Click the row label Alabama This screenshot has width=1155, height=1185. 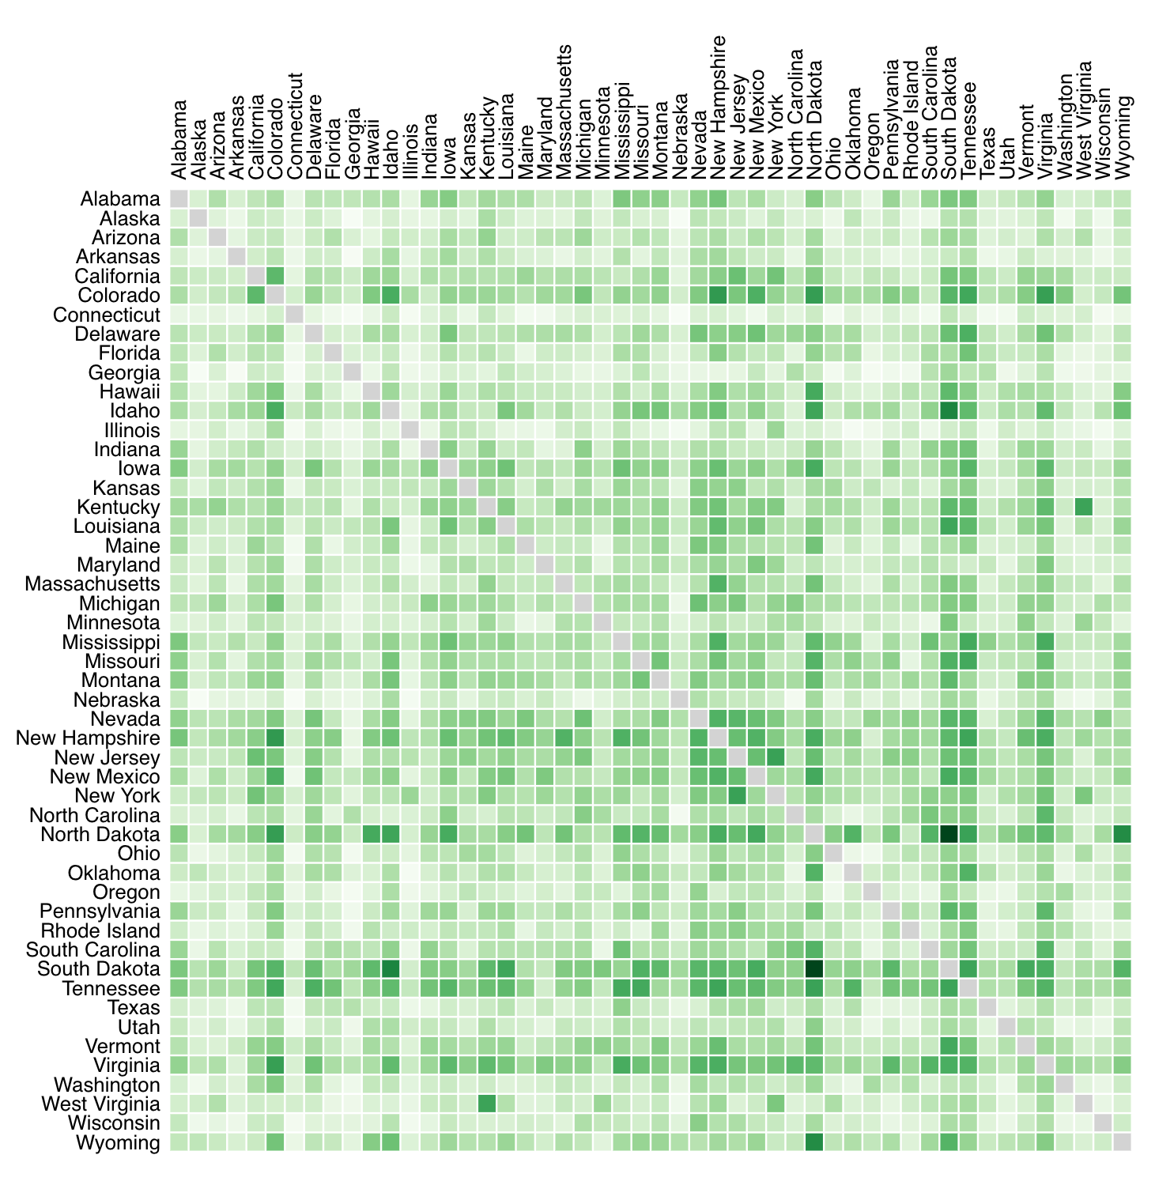click(120, 199)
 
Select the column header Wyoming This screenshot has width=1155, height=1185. click(1123, 138)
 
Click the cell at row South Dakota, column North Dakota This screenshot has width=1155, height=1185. click(814, 969)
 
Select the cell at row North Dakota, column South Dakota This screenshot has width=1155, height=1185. click(949, 835)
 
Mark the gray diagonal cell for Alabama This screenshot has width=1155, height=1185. click(179, 199)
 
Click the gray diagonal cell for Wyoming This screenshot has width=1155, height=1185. click(1123, 1142)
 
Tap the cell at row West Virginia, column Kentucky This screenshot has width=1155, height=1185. click(487, 1104)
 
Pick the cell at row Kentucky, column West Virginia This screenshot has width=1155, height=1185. click(1084, 508)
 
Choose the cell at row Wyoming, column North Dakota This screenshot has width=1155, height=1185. click(814, 1142)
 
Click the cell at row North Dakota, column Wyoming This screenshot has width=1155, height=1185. click(1123, 835)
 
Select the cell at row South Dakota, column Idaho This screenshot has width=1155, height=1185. click(391, 969)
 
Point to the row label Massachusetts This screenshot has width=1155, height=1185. click(92, 584)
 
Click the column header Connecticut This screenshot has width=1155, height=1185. click(294, 126)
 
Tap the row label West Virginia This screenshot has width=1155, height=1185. click(107, 1104)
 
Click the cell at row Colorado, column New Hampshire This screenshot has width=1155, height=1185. click(718, 296)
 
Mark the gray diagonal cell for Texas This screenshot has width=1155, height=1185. click(988, 1008)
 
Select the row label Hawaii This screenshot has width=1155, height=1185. click(130, 392)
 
